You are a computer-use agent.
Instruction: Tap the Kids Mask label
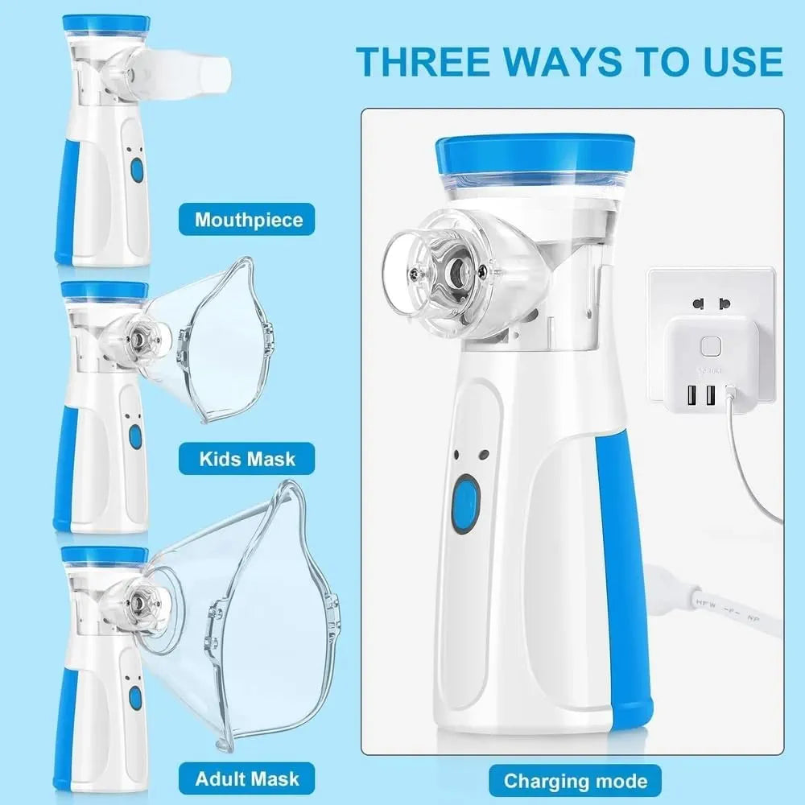(x=247, y=459)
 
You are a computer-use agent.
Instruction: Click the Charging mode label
(x=576, y=780)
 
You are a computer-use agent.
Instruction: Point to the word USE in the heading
(x=736, y=62)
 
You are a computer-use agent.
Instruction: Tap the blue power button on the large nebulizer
(x=464, y=504)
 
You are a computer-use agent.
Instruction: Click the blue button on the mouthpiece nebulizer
(x=137, y=170)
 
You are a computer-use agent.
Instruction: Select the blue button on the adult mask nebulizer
(x=135, y=697)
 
